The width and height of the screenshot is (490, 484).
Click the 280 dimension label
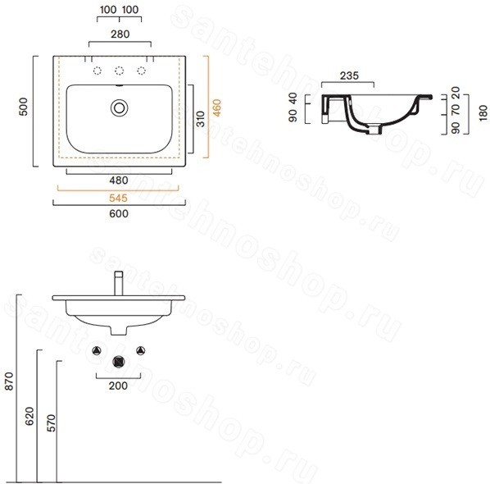point(120,34)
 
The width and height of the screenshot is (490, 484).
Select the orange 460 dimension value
point(216,107)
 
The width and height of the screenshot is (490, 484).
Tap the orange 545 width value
point(119,198)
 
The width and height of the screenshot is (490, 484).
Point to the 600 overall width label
point(119,213)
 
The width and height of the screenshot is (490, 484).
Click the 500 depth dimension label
point(24,107)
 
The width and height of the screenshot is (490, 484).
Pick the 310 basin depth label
point(201,119)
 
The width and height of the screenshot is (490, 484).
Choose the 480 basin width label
point(119,180)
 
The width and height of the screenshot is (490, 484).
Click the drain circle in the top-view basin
point(120,108)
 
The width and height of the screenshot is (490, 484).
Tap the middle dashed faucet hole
point(120,71)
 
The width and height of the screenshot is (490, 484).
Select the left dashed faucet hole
point(98,71)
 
